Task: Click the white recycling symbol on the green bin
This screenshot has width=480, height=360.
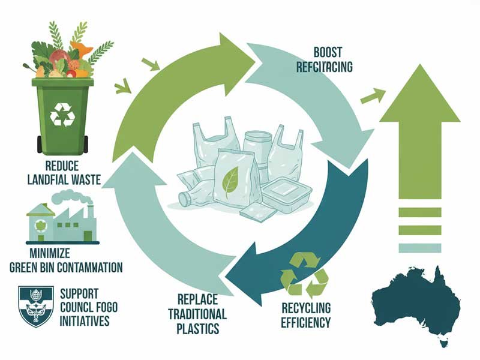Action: pos(61,113)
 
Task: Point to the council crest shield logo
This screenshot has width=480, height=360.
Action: pos(36,306)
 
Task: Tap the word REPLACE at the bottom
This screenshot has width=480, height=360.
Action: pos(198,299)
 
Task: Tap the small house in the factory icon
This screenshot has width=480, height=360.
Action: pos(40,223)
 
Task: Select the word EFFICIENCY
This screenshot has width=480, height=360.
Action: pos(305,323)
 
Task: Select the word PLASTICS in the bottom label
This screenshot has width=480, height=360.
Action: pos(198,329)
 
